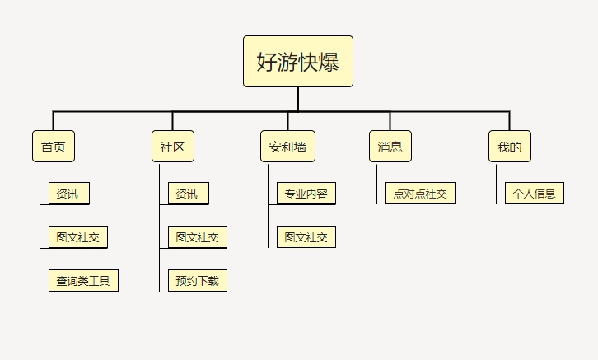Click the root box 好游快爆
click(298, 62)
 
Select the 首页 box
click(54, 147)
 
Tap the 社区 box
click(173, 147)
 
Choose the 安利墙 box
click(287, 147)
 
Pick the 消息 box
click(390, 147)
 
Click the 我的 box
click(510, 147)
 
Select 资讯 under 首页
click(69, 194)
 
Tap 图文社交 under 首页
click(78, 236)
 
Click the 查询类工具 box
click(83, 281)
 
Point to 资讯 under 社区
click(189, 194)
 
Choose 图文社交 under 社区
click(198, 236)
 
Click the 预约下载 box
click(198, 281)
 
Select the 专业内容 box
click(306, 194)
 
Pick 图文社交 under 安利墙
click(306, 236)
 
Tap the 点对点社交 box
click(420, 194)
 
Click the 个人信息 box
click(535, 194)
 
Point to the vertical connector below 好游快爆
click(297, 99)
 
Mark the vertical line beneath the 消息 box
click(376, 185)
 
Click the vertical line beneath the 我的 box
click(496, 185)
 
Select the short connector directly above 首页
click(53, 121)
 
